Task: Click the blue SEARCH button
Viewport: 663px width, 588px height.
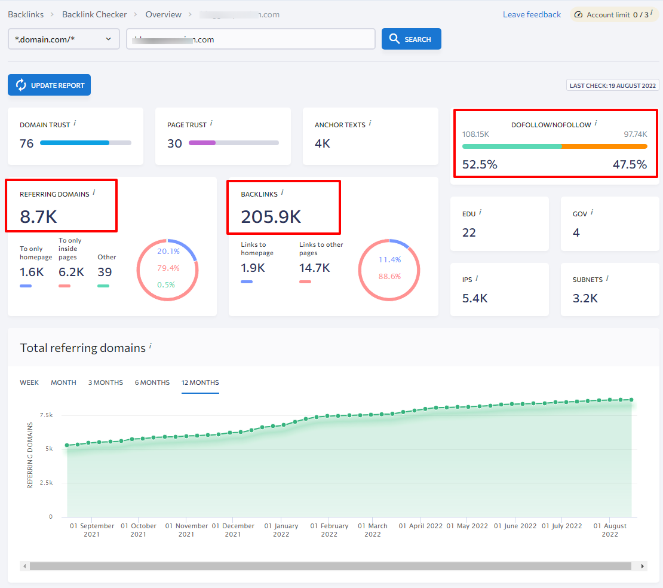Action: (411, 39)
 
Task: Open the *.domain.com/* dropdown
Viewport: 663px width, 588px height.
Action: (63, 39)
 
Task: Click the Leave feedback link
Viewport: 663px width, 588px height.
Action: (532, 14)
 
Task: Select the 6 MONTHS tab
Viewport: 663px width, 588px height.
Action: (152, 382)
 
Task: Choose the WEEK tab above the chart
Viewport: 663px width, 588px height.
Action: (29, 382)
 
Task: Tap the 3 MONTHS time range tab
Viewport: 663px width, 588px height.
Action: (106, 382)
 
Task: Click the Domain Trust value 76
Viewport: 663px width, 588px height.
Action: (27, 143)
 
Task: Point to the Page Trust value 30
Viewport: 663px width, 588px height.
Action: (174, 143)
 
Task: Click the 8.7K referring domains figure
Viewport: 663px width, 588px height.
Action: (39, 216)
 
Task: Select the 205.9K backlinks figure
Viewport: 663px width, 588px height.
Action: (271, 216)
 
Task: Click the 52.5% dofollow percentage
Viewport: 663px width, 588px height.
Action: (480, 164)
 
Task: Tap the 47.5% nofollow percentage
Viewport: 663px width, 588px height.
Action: (630, 164)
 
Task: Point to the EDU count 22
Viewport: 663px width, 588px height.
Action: (469, 232)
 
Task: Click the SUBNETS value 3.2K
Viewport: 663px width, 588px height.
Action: (585, 298)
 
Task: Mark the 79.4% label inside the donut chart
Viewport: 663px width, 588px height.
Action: (168, 268)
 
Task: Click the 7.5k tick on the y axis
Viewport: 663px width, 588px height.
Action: (46, 414)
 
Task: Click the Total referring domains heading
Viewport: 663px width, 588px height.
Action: (82, 348)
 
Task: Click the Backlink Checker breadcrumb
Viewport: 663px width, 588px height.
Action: (94, 14)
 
